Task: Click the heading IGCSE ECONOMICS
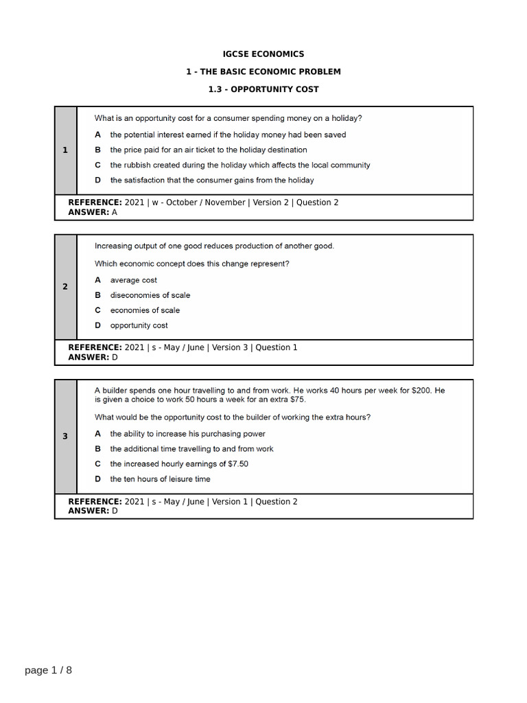(263, 54)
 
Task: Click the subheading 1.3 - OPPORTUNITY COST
(263, 89)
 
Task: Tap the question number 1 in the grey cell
(65, 150)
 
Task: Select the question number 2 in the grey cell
(65, 286)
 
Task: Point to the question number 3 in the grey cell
(65, 436)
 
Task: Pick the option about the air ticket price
(209, 150)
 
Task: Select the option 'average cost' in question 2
(134, 280)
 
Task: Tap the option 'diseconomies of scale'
(150, 295)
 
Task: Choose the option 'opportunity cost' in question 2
(139, 325)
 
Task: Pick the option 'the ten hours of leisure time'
(160, 479)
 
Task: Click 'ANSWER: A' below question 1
(93, 212)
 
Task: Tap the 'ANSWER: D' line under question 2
(93, 357)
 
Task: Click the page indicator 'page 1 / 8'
(48, 671)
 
